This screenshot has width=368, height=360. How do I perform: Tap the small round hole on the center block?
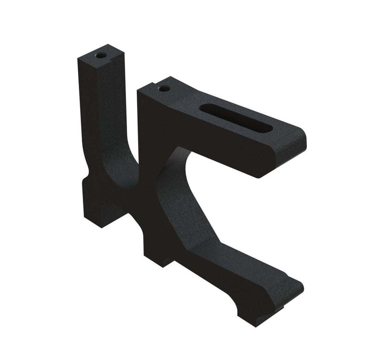pos(163,88)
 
